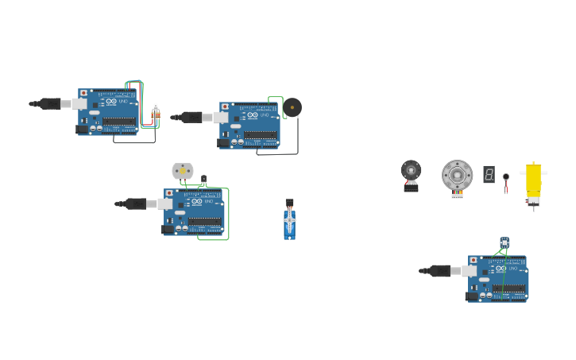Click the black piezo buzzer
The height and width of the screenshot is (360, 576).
pos(292,107)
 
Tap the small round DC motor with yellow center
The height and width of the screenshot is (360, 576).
pos(183,171)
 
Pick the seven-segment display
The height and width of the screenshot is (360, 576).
pos(489,174)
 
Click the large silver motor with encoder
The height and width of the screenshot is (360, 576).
pos(457,175)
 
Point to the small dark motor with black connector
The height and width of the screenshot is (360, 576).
pos(411,173)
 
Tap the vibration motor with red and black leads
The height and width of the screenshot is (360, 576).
pos(505,181)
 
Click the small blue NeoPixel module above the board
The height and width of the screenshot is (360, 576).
pos(504,242)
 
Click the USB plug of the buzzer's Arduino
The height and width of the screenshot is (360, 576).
pos(191,118)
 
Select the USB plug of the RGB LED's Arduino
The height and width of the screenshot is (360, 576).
pos(50,103)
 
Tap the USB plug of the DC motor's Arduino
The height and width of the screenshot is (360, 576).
pos(136,203)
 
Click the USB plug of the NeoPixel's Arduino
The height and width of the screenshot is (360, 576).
pos(440,270)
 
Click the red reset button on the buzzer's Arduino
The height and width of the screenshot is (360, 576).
pos(225,106)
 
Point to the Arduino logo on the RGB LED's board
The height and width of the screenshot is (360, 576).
pos(111,102)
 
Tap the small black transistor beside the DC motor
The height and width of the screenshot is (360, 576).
pos(203,180)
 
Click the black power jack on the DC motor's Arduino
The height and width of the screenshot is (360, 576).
pos(167,229)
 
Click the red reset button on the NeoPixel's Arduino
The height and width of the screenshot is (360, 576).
pos(474,260)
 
